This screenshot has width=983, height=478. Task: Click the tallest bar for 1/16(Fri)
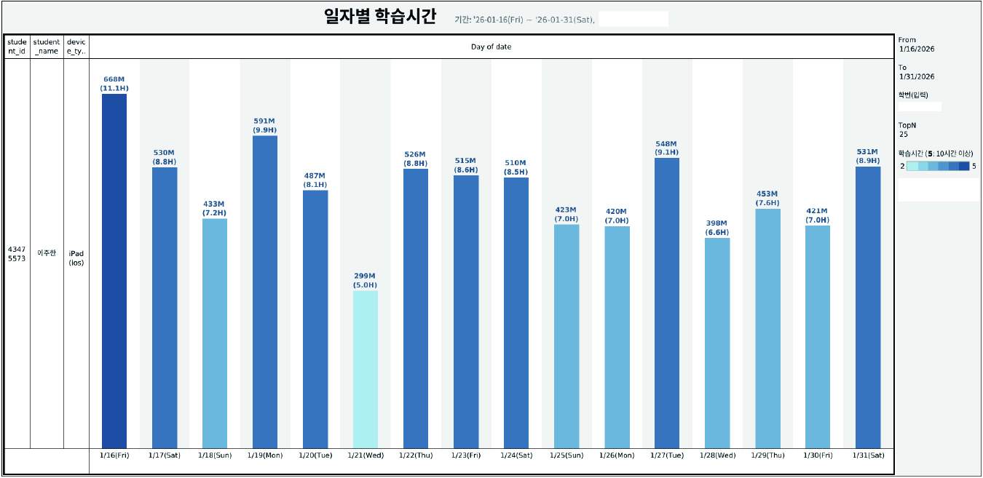(x=114, y=271)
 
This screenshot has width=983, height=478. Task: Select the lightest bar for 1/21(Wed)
(x=366, y=369)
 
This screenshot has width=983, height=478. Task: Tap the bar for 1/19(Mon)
(x=265, y=291)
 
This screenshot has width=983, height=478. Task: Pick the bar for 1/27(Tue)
(x=667, y=303)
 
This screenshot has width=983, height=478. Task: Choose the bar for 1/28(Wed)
(x=717, y=343)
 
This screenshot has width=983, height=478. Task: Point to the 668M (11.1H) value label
(x=114, y=84)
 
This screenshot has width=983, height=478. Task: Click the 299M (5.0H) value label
(x=366, y=281)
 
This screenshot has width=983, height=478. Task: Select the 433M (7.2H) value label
(x=215, y=209)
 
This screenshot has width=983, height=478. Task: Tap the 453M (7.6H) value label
(x=767, y=199)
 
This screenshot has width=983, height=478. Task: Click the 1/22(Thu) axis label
(x=416, y=455)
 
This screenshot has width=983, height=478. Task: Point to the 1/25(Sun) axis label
(x=566, y=455)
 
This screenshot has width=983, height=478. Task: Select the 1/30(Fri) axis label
(x=818, y=455)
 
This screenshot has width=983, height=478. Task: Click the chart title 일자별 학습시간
(x=380, y=17)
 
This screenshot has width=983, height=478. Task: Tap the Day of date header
(x=491, y=47)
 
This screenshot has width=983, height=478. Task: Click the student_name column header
(x=47, y=47)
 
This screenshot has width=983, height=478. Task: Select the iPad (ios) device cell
(x=76, y=258)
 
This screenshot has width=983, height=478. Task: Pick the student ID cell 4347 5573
(x=17, y=253)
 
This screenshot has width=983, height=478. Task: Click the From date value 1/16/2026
(x=916, y=49)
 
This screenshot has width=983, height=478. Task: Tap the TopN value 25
(x=903, y=134)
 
